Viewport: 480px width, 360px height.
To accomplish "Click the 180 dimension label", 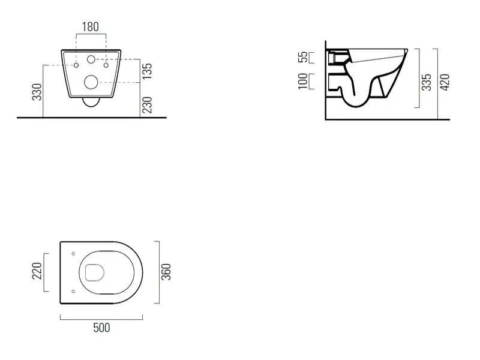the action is click(91, 27).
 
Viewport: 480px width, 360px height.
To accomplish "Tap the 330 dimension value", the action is click(37, 92).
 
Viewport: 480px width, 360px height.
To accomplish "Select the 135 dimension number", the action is click(147, 71).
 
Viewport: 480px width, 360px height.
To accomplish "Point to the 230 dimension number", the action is click(147, 105).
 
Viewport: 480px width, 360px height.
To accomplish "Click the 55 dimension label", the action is click(302, 57).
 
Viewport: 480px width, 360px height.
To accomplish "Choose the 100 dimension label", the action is click(302, 81).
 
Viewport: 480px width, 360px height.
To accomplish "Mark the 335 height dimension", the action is click(427, 82).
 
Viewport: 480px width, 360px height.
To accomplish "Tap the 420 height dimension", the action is click(445, 82).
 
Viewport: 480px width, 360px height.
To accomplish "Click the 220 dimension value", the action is click(37, 271).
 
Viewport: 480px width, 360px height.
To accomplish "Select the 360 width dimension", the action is click(166, 272).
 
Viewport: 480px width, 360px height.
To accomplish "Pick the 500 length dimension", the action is click(101, 328).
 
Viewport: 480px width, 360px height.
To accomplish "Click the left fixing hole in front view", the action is click(76, 65).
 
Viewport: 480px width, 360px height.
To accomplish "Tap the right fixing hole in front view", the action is click(106, 65).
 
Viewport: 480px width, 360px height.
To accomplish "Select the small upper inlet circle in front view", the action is click(91, 59).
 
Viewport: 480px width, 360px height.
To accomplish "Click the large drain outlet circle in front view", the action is click(91, 82).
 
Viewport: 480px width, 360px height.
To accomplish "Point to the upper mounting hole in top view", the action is click(73, 254).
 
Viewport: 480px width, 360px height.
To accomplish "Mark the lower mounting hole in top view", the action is click(73, 292).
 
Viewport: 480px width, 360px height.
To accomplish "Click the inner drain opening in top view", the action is click(94, 272).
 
